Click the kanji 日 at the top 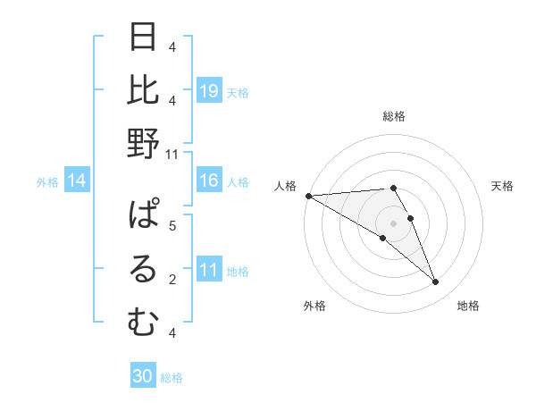coord(144,38)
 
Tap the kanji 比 coord(144,90)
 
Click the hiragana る coord(144,269)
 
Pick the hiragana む coord(144,322)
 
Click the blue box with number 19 coord(209,90)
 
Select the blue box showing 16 coord(209,181)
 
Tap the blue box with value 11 coord(209,270)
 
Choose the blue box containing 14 coord(77,181)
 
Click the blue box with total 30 coord(143,376)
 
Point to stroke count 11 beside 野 coord(172,154)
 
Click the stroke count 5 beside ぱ coord(172,225)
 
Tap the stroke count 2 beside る coord(172,280)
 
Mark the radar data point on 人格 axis coord(308,196)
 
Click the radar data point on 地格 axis coord(435,282)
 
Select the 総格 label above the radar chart coord(393,116)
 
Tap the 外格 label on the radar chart coord(314,306)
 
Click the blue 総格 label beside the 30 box coord(172,377)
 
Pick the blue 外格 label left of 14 coord(47,182)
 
